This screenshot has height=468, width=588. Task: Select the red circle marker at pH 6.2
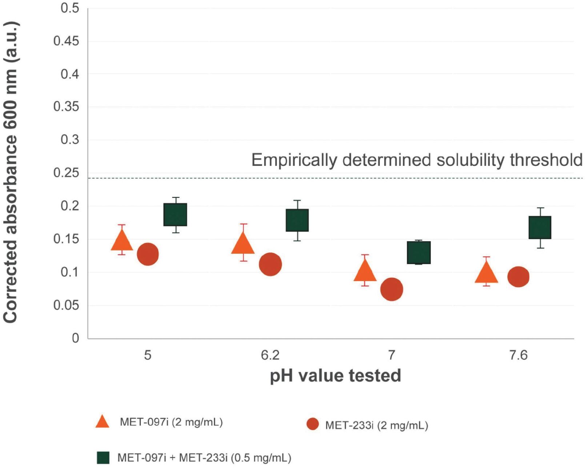pos(270,264)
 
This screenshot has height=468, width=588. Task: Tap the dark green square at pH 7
pos(419,252)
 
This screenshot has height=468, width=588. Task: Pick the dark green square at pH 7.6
pos(540,227)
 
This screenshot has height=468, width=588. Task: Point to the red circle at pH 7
pos(391,289)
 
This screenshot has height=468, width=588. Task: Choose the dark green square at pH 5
pos(175,215)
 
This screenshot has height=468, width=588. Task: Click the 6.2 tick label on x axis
pos(270,355)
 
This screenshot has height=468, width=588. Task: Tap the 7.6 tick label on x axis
pos(518,355)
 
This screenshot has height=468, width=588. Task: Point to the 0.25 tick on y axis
pos(66,173)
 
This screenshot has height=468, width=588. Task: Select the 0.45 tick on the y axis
pos(66,41)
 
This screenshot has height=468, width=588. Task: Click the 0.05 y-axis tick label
pos(66,305)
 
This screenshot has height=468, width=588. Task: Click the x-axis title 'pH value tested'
pos(335,375)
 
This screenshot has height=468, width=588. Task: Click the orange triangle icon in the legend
pos(102,422)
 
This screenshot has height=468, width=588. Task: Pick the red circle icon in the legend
pos(312,424)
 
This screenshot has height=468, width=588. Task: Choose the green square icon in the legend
pos(103,457)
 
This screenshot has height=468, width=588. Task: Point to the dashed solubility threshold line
pos(327,178)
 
